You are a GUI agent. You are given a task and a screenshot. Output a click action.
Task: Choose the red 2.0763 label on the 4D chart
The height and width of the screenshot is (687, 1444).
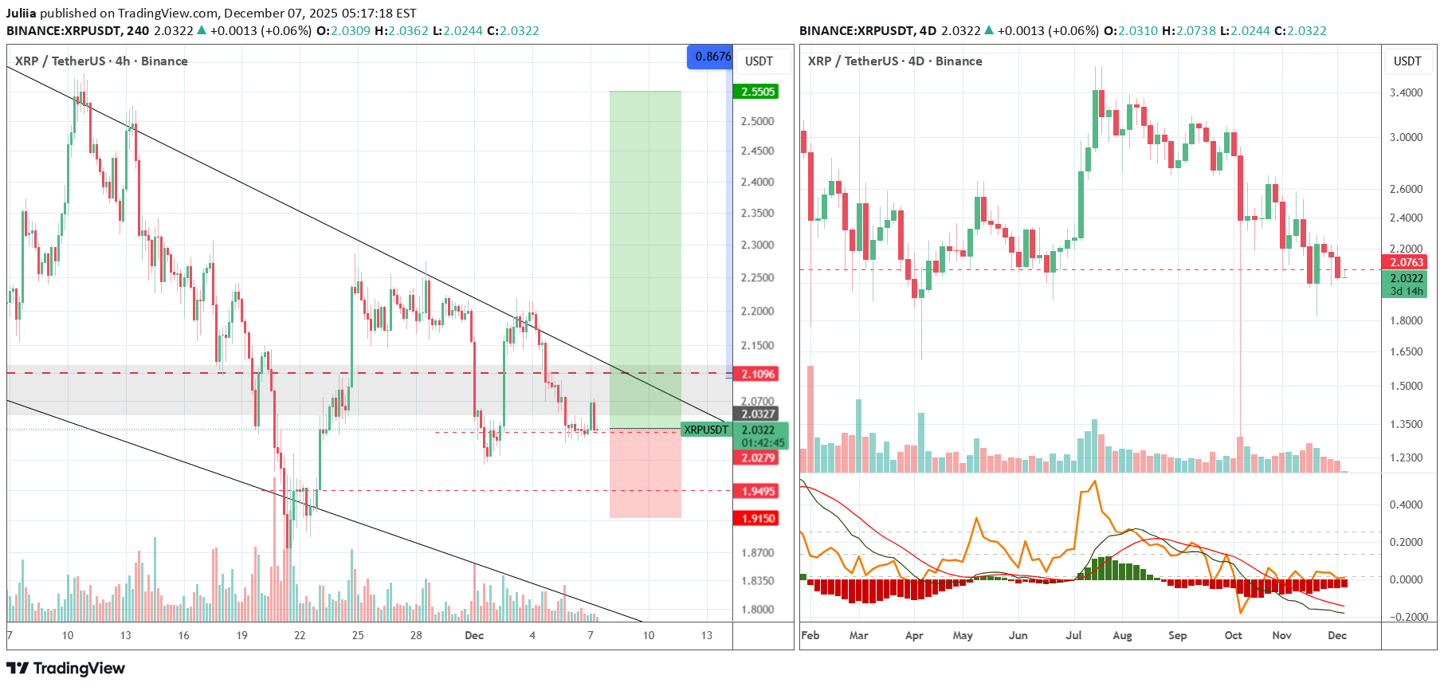tap(1405, 262)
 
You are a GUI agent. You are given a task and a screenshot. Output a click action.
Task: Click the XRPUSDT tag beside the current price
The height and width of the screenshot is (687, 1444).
tap(705, 430)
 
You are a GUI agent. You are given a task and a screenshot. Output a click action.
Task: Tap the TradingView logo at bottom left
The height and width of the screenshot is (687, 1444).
tap(66, 668)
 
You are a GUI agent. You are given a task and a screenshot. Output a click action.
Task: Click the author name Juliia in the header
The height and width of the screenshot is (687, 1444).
tap(22, 14)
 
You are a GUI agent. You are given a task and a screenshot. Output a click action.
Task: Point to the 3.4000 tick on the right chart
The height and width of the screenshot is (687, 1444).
tap(1406, 92)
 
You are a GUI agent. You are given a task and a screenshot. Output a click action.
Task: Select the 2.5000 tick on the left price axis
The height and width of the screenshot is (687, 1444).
tap(757, 121)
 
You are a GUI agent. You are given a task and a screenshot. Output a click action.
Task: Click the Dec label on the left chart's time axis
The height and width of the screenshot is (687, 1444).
tap(474, 635)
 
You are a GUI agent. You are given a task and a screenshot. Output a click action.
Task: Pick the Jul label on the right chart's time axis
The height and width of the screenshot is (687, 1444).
tap(1073, 635)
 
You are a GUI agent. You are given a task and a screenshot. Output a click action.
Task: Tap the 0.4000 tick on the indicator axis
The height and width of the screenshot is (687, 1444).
tap(1406, 504)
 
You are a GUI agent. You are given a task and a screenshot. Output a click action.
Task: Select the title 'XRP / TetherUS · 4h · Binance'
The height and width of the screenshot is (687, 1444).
tap(101, 61)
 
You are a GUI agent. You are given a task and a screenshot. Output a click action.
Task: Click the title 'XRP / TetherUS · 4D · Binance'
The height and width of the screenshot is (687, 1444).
tap(894, 61)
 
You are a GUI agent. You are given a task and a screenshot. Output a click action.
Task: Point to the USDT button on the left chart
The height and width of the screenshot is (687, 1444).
tap(759, 61)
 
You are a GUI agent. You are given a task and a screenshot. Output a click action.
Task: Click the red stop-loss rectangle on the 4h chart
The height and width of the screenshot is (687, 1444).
tap(645, 475)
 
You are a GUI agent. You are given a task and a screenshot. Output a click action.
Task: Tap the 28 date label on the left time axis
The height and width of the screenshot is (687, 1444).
tap(416, 635)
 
